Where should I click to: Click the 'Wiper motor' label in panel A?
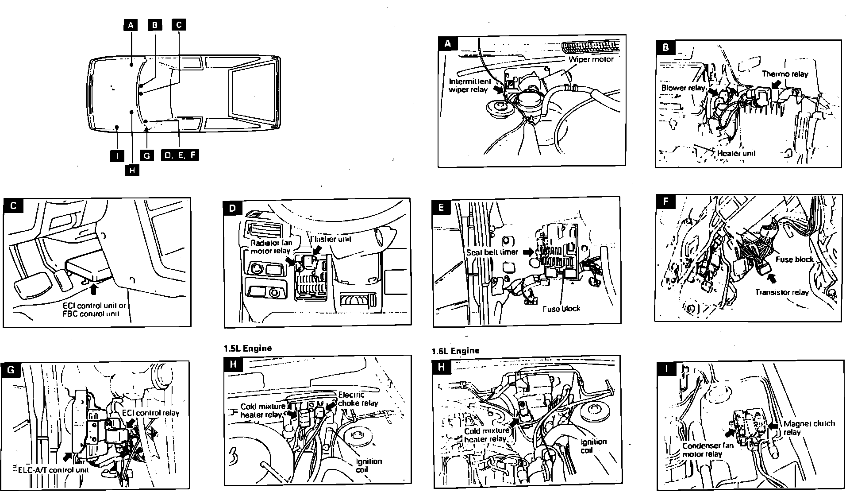click(591, 59)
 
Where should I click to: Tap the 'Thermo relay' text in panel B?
click(784, 74)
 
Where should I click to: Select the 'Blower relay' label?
click(683, 88)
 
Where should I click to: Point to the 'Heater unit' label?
click(736, 153)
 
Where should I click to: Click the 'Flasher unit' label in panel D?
click(331, 239)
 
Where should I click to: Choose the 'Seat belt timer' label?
click(492, 252)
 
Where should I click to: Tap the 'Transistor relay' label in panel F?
click(781, 292)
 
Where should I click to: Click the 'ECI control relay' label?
click(150, 413)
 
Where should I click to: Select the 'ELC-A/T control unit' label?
click(53, 469)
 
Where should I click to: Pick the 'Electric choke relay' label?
click(358, 399)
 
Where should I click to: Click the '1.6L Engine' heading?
click(455, 351)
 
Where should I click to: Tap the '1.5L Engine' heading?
click(248, 348)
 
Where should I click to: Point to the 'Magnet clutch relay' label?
click(809, 427)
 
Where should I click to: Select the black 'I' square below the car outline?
click(117, 155)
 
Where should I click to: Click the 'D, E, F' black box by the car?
click(180, 155)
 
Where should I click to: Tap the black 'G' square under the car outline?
click(146, 155)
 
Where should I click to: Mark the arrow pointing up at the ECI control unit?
click(93, 289)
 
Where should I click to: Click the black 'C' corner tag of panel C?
click(14, 206)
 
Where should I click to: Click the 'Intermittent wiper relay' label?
click(469, 85)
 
